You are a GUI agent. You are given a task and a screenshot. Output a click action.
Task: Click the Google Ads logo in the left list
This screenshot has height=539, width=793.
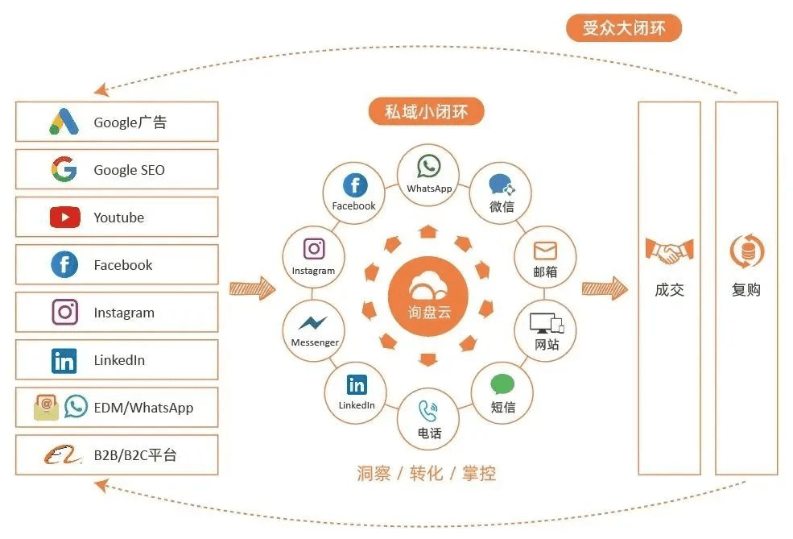coord(64,122)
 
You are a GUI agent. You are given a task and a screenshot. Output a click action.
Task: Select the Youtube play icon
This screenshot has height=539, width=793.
coord(64,217)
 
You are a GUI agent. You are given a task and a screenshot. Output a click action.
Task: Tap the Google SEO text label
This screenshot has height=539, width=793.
coord(129,170)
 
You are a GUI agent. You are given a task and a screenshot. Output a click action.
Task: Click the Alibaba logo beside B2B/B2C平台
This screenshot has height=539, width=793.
coord(64,455)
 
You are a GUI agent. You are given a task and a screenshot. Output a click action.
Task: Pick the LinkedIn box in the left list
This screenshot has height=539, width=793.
coord(117,360)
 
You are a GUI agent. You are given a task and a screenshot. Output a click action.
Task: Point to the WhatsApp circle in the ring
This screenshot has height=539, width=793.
coord(428,174)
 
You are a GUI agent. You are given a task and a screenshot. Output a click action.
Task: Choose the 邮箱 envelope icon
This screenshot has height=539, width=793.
coord(545,250)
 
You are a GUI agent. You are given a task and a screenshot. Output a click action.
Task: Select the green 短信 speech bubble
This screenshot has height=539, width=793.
coord(502,384)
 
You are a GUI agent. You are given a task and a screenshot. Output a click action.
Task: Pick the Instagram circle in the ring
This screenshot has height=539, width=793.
coord(313,256)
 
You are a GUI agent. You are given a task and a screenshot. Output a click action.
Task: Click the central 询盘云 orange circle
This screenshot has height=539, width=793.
coord(428,295)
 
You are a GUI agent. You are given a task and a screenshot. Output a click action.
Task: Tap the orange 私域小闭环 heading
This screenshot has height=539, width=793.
coord(426,112)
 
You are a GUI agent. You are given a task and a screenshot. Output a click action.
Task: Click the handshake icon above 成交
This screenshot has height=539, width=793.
coord(668,252)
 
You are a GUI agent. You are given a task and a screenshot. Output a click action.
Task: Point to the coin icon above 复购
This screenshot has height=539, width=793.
coord(746,251)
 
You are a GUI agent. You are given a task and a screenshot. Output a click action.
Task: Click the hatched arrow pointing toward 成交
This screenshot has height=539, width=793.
coord(604,288)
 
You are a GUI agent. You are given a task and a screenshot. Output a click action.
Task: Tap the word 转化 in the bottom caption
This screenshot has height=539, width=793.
coord(426,473)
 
